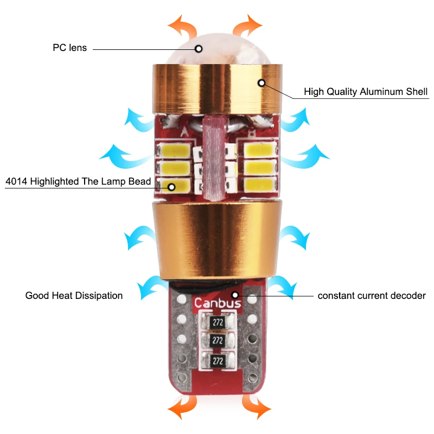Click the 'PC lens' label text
[x=70, y=48]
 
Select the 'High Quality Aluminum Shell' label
[x=366, y=92]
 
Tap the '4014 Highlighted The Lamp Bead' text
[x=78, y=181]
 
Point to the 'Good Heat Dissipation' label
[x=74, y=296]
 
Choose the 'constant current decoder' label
[x=372, y=296]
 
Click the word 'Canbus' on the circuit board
[x=218, y=303]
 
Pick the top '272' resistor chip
[x=218, y=322]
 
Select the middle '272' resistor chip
[x=218, y=341]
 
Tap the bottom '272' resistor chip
[x=218, y=361]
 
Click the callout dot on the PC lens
[x=199, y=49]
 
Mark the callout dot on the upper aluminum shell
[x=261, y=83]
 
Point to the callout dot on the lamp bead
[x=171, y=187]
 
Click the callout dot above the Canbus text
[x=235, y=295]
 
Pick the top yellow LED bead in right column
[x=260, y=150]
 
